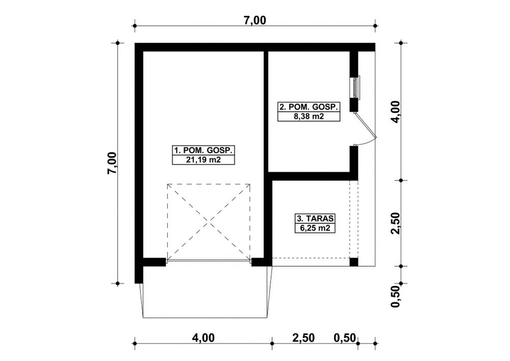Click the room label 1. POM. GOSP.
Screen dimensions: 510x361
tap(203, 151)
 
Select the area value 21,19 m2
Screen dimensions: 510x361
tap(203, 160)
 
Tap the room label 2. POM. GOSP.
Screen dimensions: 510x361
tap(309, 107)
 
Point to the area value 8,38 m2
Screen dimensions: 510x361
tap(309, 116)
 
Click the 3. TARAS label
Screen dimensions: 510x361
tap(315, 218)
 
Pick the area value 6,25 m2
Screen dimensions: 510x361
tap(315, 228)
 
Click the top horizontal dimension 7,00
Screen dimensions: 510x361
tap(254, 20)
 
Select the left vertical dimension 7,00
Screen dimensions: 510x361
tap(112, 163)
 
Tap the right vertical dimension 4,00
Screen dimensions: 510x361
tap(396, 112)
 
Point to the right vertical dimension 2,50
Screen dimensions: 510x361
tap(396, 223)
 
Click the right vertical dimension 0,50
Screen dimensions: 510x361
tap(396, 297)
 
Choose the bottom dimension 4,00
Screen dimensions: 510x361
tap(203, 338)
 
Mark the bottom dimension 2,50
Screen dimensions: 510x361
tap(303, 338)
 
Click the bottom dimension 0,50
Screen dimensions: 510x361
tap(345, 338)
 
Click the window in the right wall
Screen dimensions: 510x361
tap(355, 87)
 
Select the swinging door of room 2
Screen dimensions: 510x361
tap(366, 129)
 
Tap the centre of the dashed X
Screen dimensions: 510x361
tap(209, 222)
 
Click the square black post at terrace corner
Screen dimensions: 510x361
tap(354, 262)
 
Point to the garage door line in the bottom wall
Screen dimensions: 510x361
tap(209, 261)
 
